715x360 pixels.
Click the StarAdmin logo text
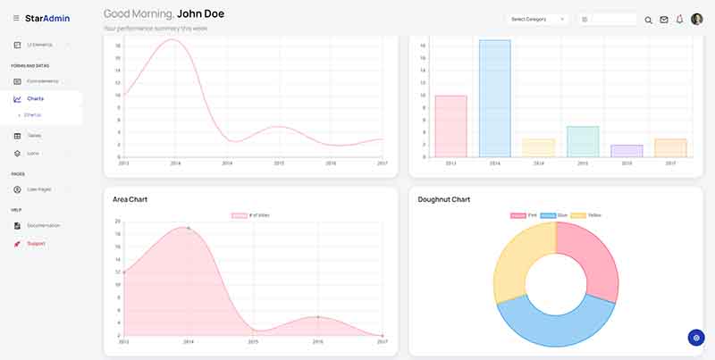[x=47, y=18]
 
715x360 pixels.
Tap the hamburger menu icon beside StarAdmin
[x=16, y=18]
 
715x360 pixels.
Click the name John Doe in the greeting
[x=200, y=13]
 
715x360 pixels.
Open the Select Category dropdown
[x=536, y=19]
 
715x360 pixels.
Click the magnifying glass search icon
[x=649, y=20]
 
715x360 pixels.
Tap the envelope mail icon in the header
[x=664, y=20]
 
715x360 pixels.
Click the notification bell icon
[x=679, y=19]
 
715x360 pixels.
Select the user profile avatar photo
[x=697, y=19]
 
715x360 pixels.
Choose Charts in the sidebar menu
[x=36, y=98]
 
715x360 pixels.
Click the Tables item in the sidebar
[x=34, y=136]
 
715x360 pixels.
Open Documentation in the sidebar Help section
[x=43, y=225]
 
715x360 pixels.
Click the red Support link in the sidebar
[x=36, y=243]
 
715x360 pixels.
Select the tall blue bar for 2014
[x=494, y=98]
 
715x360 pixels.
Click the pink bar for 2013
[x=450, y=126]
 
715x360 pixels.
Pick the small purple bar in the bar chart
[x=626, y=151]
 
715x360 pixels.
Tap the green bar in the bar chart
[x=582, y=142]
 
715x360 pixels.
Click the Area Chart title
[x=130, y=199]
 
